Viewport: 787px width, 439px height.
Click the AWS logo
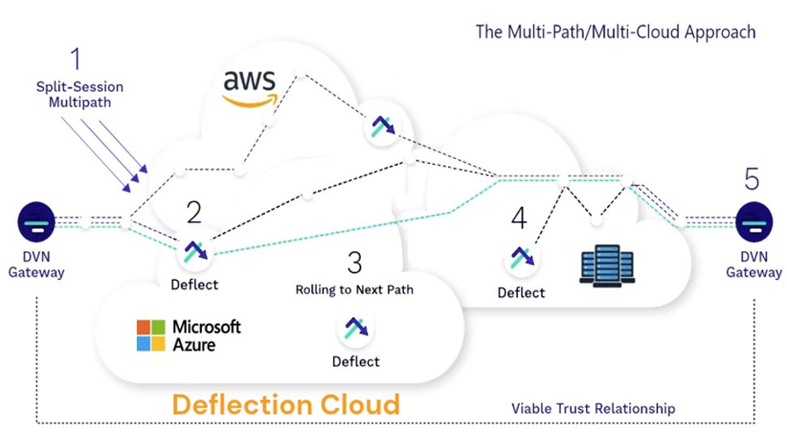click(250, 88)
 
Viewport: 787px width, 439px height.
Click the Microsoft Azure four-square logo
click(151, 335)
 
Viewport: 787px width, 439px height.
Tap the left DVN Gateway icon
click(36, 223)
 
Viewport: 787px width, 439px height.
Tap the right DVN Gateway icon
click(753, 223)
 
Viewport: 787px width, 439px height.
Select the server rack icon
click(607, 263)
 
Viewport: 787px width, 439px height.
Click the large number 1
click(76, 60)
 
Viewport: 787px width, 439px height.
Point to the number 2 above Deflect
click(194, 212)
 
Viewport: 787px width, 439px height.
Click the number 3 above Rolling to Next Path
click(354, 262)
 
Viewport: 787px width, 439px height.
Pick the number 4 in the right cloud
click(519, 219)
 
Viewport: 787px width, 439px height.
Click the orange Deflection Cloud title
click(286, 405)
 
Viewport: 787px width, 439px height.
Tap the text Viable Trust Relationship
click(593, 409)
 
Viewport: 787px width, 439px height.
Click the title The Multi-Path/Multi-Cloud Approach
click(615, 32)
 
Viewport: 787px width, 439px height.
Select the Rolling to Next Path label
click(354, 290)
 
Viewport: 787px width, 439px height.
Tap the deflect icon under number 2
click(194, 251)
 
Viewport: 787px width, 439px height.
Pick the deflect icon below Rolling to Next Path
click(355, 329)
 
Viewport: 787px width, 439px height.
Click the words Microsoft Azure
click(206, 335)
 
